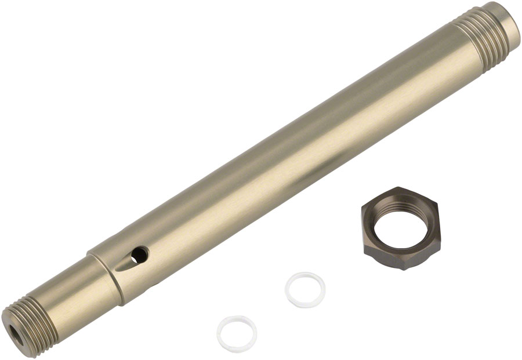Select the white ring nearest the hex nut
point(305,289)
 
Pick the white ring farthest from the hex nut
point(237,333)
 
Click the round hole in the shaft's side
point(139,253)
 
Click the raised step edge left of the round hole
point(104,273)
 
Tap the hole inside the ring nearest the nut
point(305,289)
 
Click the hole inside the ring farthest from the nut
point(237,333)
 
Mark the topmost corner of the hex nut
point(400,188)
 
